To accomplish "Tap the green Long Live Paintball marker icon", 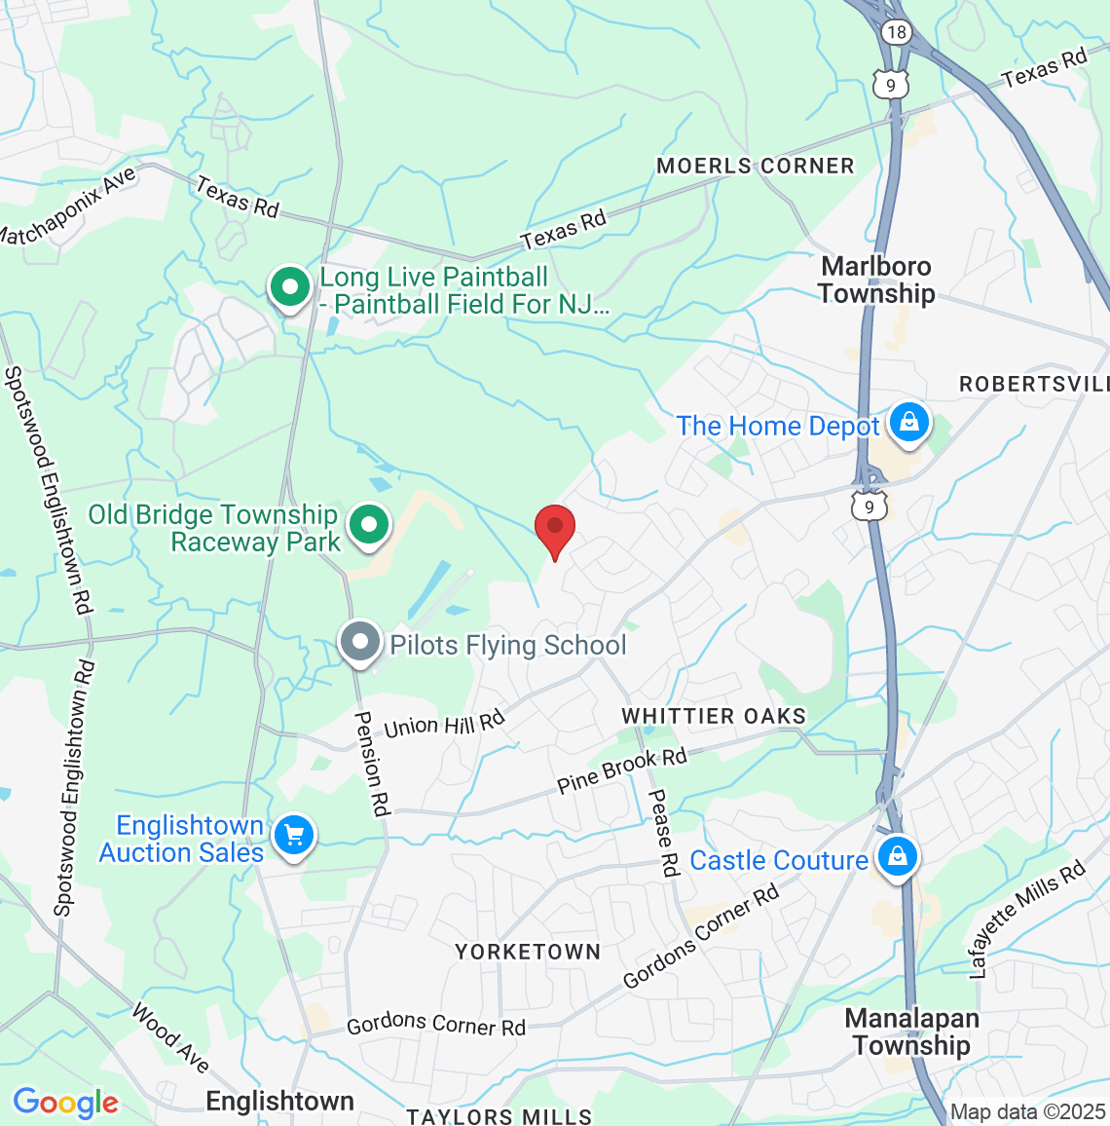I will tap(289, 288).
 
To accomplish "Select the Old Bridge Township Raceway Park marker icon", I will tap(369, 526).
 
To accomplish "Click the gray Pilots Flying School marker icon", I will tap(360, 643).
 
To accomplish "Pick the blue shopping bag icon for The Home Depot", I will tap(908, 424).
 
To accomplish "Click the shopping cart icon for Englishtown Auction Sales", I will tap(293, 836).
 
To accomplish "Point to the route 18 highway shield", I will tap(896, 32).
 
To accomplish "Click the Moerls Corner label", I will tap(755, 166).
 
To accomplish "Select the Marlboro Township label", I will tap(876, 280).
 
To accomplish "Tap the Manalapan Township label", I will tap(911, 1032).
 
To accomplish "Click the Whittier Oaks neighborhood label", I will tap(714, 716).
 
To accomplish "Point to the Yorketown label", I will tap(528, 952).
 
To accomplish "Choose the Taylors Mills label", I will tap(499, 1116).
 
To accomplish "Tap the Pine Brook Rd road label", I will tap(622, 769).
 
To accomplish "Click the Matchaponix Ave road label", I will tap(66, 207).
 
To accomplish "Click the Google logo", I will tap(65, 1103).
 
